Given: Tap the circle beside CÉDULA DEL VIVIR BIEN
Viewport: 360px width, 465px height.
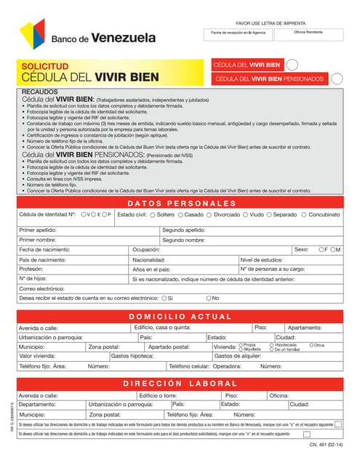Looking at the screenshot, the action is click(x=292, y=65).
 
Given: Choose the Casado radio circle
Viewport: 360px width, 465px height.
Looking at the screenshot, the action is click(x=181, y=215).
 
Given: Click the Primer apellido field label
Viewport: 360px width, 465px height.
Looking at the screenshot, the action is click(x=38, y=230).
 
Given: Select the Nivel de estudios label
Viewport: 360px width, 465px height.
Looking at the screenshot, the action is click(x=261, y=259).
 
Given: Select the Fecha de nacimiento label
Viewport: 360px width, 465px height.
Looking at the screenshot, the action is click(x=44, y=249).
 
